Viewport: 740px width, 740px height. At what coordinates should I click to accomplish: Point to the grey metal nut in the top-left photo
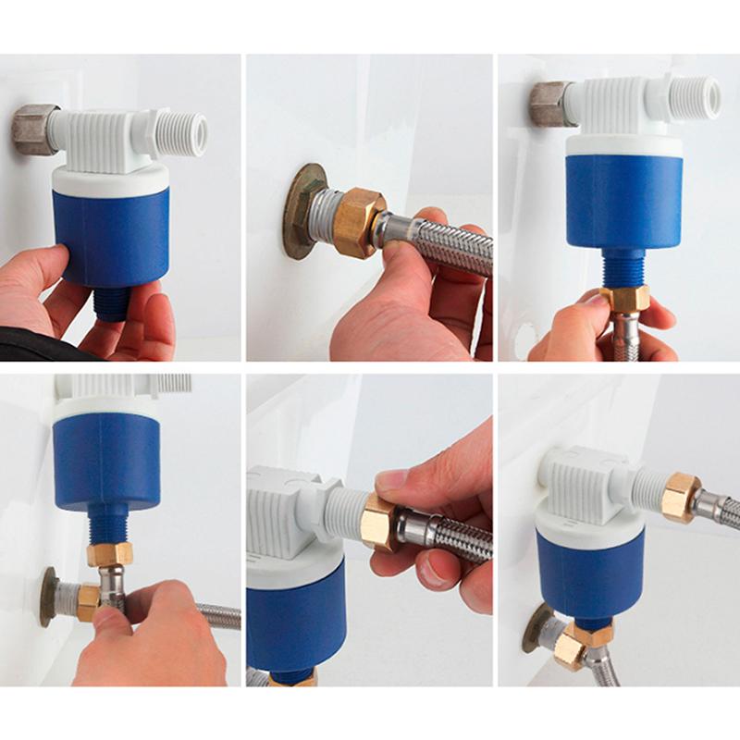pos(35,130)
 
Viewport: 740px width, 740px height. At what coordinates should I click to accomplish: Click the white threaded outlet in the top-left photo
pos(182,133)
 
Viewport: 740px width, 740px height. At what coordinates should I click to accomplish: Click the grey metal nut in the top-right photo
pos(548,105)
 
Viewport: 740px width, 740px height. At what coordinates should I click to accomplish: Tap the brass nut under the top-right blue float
pos(624,298)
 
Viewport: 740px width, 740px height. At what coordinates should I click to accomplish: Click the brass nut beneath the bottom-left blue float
pos(109,554)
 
